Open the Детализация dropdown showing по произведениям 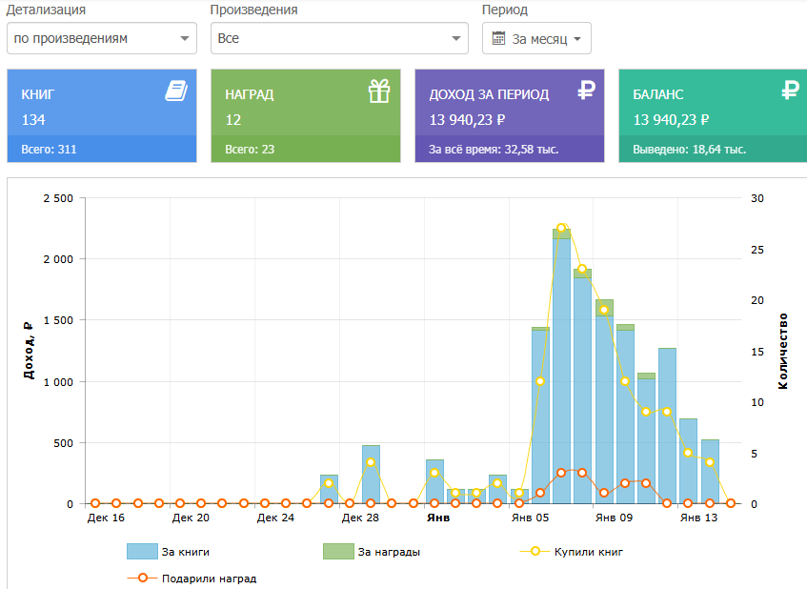coord(102,38)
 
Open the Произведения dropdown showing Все coord(339,38)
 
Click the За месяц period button coord(536,38)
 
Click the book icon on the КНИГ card coord(176,91)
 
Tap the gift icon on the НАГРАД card coord(379,91)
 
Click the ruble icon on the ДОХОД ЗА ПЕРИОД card coord(586,91)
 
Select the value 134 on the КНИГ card coord(33,120)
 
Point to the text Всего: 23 coord(250,150)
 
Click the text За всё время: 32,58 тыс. coord(494,150)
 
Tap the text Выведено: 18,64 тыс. coord(689,150)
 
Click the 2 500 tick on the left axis coord(58,198)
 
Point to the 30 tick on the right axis coord(757,198)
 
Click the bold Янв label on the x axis coord(438,518)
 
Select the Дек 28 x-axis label coord(360,518)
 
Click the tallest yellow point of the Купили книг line coord(561,228)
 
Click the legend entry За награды coord(372,552)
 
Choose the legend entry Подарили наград coord(192,579)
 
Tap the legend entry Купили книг coord(572,552)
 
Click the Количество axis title coord(783,351)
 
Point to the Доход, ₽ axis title coord(29,351)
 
